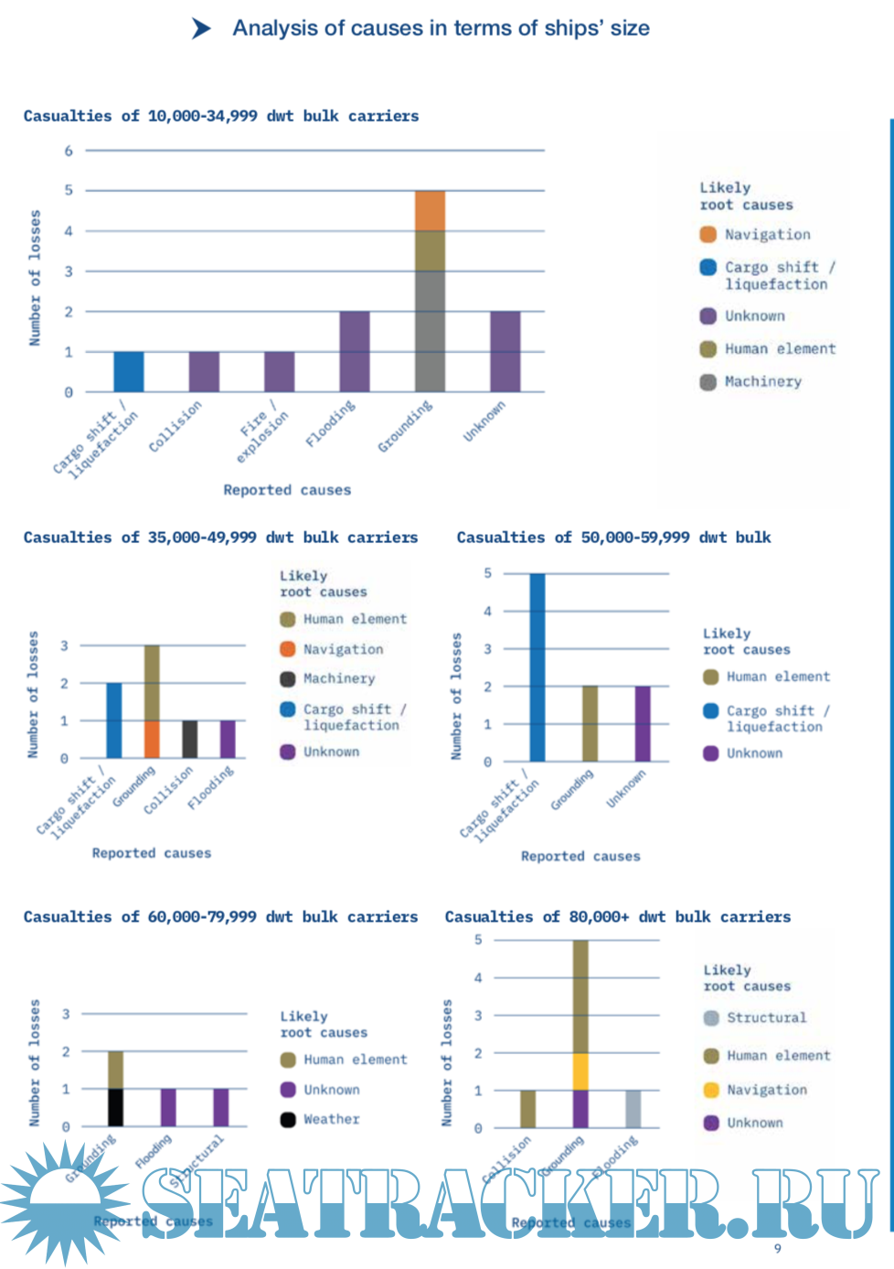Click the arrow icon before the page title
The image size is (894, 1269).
point(202,29)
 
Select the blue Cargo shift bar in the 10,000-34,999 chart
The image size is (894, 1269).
point(129,371)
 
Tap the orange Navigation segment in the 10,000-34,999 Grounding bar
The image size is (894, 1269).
point(430,210)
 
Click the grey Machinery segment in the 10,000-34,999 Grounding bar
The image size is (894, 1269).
point(430,331)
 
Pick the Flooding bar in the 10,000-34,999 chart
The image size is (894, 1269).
point(355,351)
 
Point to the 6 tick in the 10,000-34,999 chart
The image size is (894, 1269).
point(69,151)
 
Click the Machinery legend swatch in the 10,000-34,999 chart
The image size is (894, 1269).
point(708,382)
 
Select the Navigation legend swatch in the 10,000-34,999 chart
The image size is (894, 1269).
point(708,235)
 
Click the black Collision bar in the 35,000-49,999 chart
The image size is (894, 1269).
point(189,739)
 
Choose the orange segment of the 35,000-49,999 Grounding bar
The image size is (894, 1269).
point(152,739)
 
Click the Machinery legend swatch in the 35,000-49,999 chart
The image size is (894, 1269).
point(288,679)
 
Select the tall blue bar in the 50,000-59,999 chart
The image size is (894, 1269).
point(537,667)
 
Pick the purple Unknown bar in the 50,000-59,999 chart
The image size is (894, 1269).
point(643,723)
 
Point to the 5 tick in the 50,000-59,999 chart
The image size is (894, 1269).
point(488,573)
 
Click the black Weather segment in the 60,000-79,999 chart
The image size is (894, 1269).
point(115,1107)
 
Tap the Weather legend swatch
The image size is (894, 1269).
point(288,1120)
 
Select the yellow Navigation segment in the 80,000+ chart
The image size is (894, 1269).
point(580,1072)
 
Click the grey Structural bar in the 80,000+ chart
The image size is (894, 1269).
point(633,1109)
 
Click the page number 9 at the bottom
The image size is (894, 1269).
point(778,1249)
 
